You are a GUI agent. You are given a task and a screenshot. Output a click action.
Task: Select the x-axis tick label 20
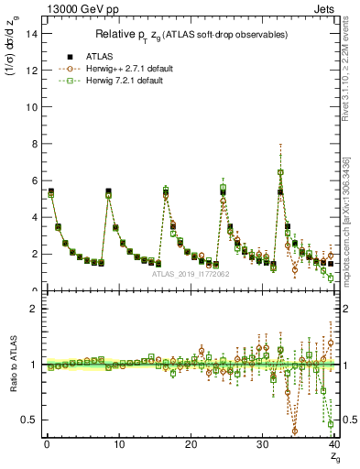[191, 445]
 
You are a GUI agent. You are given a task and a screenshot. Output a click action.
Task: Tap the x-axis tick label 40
[333, 445]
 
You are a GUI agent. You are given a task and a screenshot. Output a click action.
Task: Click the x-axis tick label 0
[47, 445]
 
